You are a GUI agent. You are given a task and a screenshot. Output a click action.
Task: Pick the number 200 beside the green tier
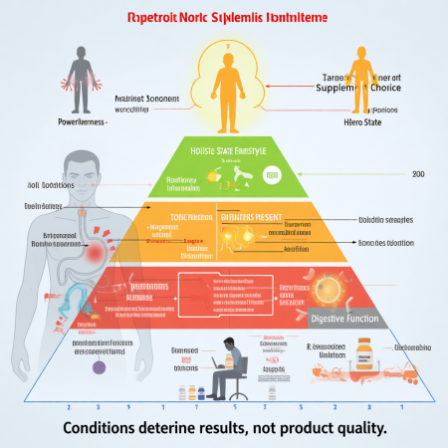[418, 173]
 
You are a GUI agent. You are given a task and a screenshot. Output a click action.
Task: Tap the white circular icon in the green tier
[270, 175]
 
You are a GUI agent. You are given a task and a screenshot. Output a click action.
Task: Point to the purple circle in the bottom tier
[99, 366]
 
